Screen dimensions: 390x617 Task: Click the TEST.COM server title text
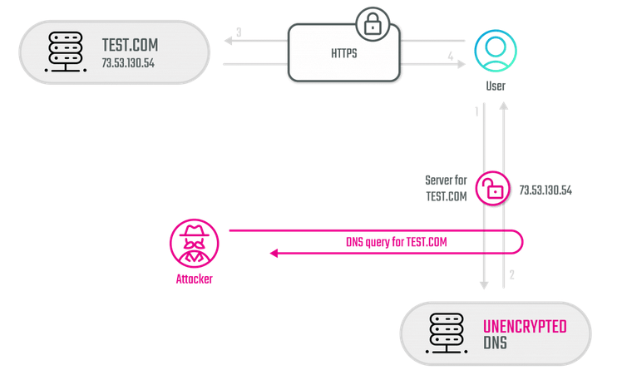coord(130,45)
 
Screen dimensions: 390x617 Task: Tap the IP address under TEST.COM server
coord(129,63)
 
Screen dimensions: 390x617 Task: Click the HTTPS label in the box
coord(343,52)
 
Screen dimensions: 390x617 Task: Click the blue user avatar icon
coord(495,51)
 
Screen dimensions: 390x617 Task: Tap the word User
coord(495,86)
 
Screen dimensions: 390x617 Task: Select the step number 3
coord(239,32)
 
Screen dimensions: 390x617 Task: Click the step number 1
coord(476,111)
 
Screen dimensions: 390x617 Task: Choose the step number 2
coord(512,275)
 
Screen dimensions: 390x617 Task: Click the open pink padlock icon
coord(493,189)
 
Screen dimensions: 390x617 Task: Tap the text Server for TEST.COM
coord(446,189)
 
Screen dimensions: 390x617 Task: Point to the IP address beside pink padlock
coord(545,190)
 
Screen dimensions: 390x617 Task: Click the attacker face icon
coord(195,243)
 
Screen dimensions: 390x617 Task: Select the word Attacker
coord(194,279)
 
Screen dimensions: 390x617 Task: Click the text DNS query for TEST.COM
coord(397,242)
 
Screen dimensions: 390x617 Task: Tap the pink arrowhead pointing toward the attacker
coord(272,253)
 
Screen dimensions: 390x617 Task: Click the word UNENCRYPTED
coord(525,327)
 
